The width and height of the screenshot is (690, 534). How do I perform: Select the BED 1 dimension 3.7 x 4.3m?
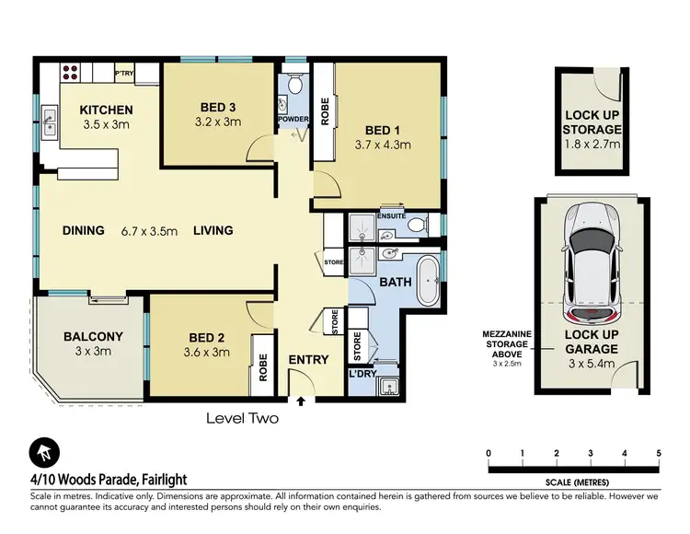382,145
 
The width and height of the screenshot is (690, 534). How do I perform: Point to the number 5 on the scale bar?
659,452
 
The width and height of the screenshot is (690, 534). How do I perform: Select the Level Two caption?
241,417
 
